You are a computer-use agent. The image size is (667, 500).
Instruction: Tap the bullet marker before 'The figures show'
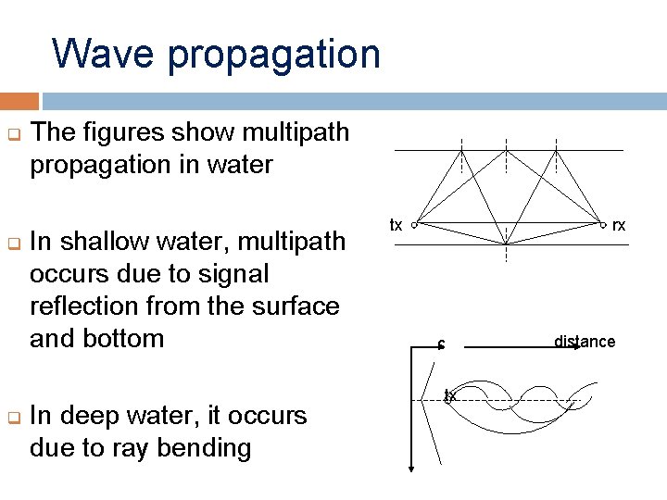(14, 133)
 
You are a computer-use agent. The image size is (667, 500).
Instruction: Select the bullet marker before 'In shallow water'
(14, 243)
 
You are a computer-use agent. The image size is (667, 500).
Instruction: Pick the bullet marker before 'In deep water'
(14, 417)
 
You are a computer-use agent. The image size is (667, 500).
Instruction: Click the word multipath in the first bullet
(294, 133)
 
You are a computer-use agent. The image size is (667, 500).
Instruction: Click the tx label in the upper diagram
(396, 225)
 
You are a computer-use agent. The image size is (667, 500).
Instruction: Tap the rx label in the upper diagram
(619, 225)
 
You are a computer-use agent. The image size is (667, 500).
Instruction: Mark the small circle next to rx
(603, 225)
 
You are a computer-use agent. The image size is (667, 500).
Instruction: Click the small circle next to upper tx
(414, 225)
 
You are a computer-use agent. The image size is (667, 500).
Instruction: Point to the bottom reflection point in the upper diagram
(506, 244)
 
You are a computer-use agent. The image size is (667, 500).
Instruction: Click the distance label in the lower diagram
(585, 342)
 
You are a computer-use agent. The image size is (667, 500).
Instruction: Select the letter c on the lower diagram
(442, 346)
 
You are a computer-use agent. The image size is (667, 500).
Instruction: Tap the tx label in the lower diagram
(450, 395)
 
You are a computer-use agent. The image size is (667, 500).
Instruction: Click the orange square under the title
(19, 100)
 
